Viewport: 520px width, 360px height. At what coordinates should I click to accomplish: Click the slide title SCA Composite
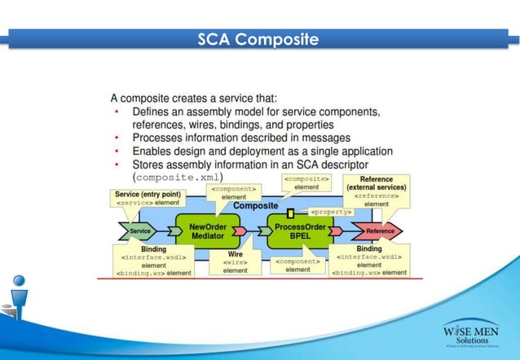(x=258, y=39)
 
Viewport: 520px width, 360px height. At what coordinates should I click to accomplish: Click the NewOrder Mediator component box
(x=207, y=231)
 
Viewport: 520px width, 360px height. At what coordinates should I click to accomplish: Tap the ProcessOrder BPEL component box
(x=300, y=231)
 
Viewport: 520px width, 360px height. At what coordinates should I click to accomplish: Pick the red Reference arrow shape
(x=378, y=231)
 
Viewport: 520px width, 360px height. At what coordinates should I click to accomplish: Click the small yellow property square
(x=290, y=213)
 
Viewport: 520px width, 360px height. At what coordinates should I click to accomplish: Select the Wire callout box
(x=236, y=262)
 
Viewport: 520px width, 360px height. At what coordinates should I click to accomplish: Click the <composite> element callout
(x=306, y=182)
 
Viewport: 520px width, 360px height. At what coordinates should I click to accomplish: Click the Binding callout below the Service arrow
(x=153, y=261)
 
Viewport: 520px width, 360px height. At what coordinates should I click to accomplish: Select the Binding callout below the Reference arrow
(x=369, y=261)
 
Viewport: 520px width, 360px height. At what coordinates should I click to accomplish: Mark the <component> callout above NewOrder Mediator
(x=234, y=192)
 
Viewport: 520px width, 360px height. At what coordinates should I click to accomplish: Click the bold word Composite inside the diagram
(x=256, y=206)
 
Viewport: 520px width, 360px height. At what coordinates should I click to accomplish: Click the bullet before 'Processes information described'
(x=117, y=138)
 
